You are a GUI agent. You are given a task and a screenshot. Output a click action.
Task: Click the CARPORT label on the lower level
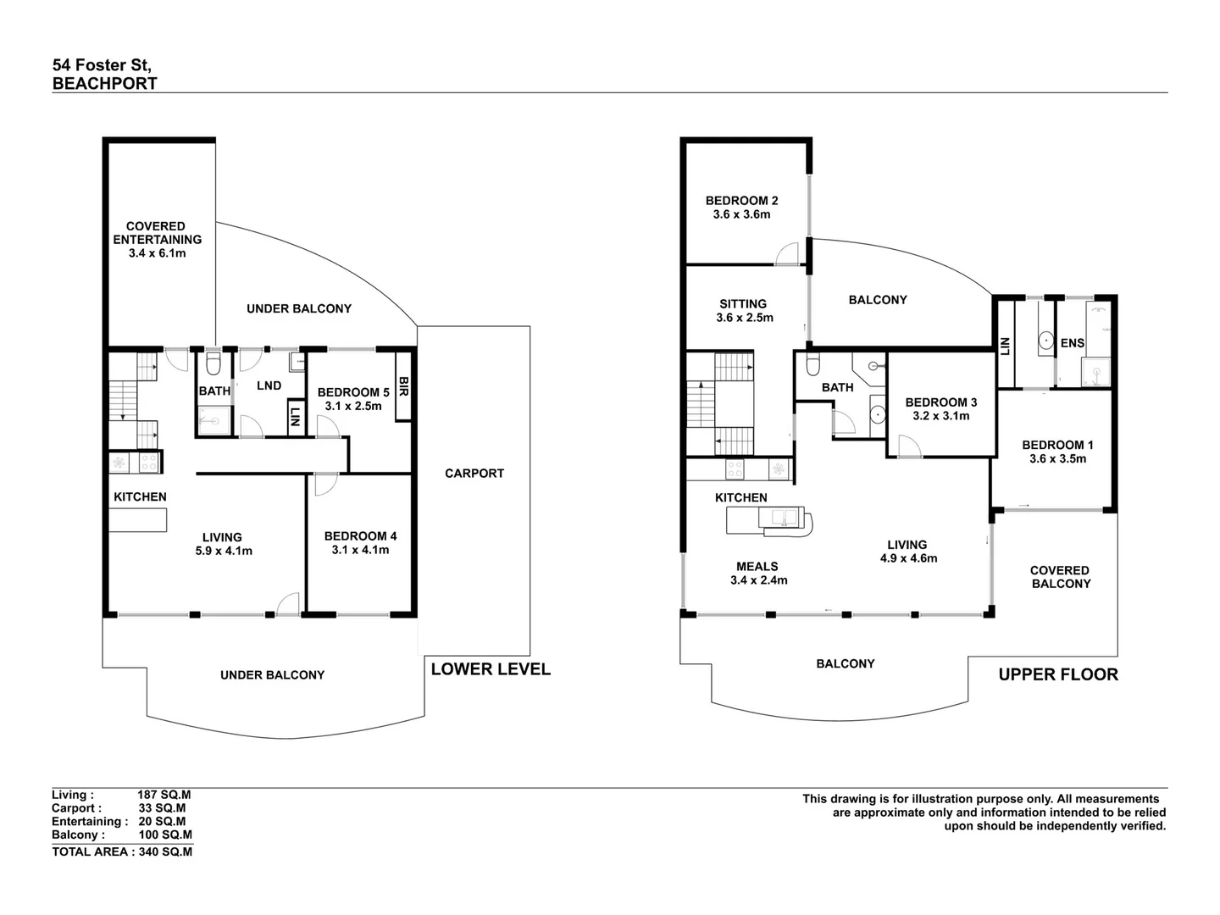click(x=474, y=474)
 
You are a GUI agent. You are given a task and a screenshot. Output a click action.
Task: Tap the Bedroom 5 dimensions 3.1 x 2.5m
click(x=353, y=406)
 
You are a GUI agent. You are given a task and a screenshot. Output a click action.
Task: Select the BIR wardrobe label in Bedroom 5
click(x=403, y=388)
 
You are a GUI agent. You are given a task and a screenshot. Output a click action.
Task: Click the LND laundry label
click(x=269, y=385)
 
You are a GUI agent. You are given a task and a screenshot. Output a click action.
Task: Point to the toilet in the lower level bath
click(x=213, y=363)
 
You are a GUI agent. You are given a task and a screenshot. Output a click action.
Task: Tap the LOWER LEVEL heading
click(x=491, y=669)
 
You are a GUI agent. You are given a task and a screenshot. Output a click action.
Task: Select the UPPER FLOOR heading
click(x=1058, y=674)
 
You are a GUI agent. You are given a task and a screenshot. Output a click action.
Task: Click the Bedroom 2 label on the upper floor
click(x=741, y=201)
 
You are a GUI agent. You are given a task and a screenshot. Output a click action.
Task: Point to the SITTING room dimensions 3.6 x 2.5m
click(x=743, y=318)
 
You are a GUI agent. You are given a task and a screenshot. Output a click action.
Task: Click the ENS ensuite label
click(x=1072, y=343)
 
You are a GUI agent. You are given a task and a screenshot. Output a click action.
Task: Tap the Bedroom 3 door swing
click(x=908, y=446)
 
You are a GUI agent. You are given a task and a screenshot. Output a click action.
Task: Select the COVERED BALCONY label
click(x=1060, y=577)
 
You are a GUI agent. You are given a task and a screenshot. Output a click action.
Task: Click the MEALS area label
click(x=757, y=566)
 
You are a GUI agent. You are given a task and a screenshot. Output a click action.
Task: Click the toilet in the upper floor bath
click(x=812, y=364)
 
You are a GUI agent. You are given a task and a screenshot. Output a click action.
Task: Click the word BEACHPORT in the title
click(x=104, y=83)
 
